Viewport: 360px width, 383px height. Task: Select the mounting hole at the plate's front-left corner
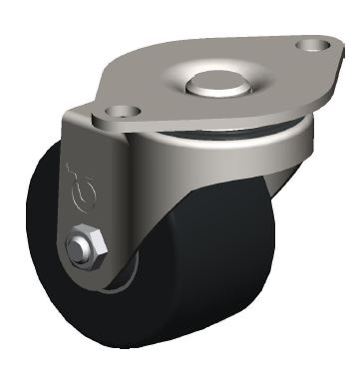coord(124,113)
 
